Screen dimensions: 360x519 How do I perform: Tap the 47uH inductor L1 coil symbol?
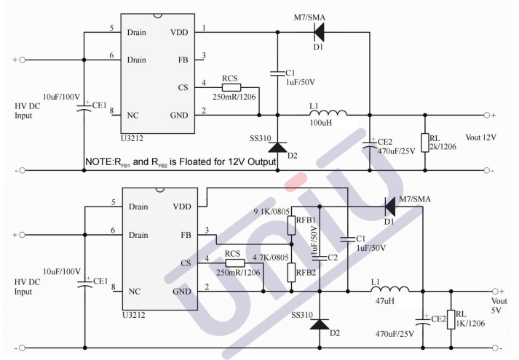pyautogui.click(x=391, y=290)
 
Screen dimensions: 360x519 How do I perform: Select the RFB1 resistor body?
pyautogui.click(x=292, y=226)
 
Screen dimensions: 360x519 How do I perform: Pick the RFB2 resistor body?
pyautogui.click(x=292, y=272)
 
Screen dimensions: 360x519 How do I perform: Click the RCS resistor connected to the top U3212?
pyautogui.click(x=231, y=88)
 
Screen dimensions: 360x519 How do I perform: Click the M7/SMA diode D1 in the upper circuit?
pyautogui.click(x=318, y=31)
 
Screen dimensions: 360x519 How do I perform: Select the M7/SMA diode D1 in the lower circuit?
pyautogui.click(x=390, y=207)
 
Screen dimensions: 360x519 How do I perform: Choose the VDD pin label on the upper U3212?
pyautogui.click(x=178, y=33)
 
